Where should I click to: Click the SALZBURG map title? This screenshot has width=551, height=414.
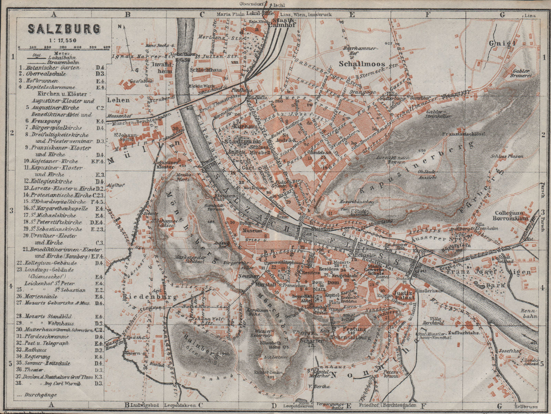pyautogui.click(x=64, y=29)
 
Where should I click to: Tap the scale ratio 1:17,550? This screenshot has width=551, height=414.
pyautogui.click(x=64, y=40)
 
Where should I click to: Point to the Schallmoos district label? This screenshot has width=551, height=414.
pyautogui.click(x=358, y=64)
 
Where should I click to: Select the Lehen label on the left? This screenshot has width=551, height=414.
pyautogui.click(x=118, y=100)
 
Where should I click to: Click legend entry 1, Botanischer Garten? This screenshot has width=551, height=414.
pyautogui.click(x=50, y=68)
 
